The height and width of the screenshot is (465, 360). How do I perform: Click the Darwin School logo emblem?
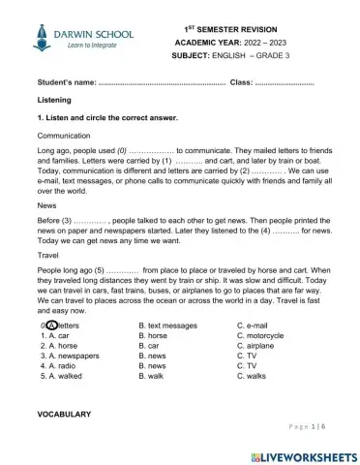click(40, 37)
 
